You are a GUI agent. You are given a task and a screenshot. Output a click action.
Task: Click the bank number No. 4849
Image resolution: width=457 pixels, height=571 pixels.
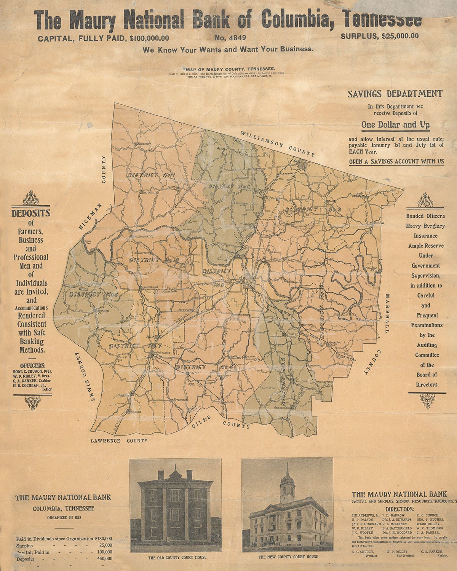coord(230,37)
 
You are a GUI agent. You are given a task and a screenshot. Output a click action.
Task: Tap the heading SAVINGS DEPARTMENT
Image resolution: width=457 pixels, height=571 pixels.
coord(395,94)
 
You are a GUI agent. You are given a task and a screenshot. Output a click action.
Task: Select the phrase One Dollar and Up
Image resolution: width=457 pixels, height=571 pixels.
coord(395,125)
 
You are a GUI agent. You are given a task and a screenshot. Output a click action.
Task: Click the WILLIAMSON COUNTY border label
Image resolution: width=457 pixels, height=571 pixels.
coord(278,144)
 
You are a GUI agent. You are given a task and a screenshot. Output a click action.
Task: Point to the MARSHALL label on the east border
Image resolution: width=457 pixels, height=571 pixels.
coord(388,313)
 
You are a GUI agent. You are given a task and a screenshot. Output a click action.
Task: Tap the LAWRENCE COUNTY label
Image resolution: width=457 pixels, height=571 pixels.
coord(119,441)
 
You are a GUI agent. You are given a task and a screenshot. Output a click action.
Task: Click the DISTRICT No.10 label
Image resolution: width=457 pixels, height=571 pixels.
coord(153,260)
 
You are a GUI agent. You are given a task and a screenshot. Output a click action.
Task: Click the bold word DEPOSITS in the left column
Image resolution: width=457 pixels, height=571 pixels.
coord(31,213)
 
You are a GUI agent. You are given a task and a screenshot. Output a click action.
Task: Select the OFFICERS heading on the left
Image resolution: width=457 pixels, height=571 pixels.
coord(32,365)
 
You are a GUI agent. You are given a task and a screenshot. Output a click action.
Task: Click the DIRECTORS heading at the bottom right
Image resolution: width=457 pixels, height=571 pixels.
coord(399,509)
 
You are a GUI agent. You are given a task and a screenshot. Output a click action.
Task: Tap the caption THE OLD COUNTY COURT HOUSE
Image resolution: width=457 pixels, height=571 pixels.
coord(177,557)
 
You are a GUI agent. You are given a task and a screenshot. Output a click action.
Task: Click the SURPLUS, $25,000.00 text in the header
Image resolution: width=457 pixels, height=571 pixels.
coord(379,36)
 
